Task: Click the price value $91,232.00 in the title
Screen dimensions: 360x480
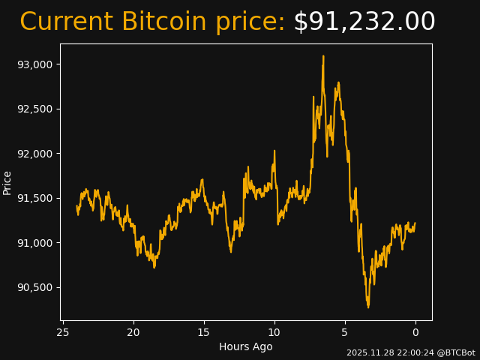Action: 364,22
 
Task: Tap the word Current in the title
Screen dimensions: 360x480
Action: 67,22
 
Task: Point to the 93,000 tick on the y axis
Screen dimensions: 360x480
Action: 35,64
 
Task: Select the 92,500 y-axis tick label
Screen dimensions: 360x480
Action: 35,109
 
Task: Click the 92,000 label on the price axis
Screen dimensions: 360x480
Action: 35,154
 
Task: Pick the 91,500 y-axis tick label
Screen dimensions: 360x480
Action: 35,198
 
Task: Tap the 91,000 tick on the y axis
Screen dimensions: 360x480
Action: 35,243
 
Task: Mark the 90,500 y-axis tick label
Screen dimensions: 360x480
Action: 35,287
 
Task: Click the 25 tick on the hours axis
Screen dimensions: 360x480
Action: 63,332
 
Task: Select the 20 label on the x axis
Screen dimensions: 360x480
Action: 133,332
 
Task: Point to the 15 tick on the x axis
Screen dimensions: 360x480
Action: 204,332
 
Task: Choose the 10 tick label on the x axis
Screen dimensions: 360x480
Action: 274,332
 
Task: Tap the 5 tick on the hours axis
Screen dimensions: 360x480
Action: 345,332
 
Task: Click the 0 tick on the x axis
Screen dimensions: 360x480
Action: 415,332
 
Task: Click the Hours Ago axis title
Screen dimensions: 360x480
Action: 246,346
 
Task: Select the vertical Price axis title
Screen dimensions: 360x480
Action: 7,182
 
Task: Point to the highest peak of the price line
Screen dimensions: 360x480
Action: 323,56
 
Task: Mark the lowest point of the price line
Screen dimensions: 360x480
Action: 368,307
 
